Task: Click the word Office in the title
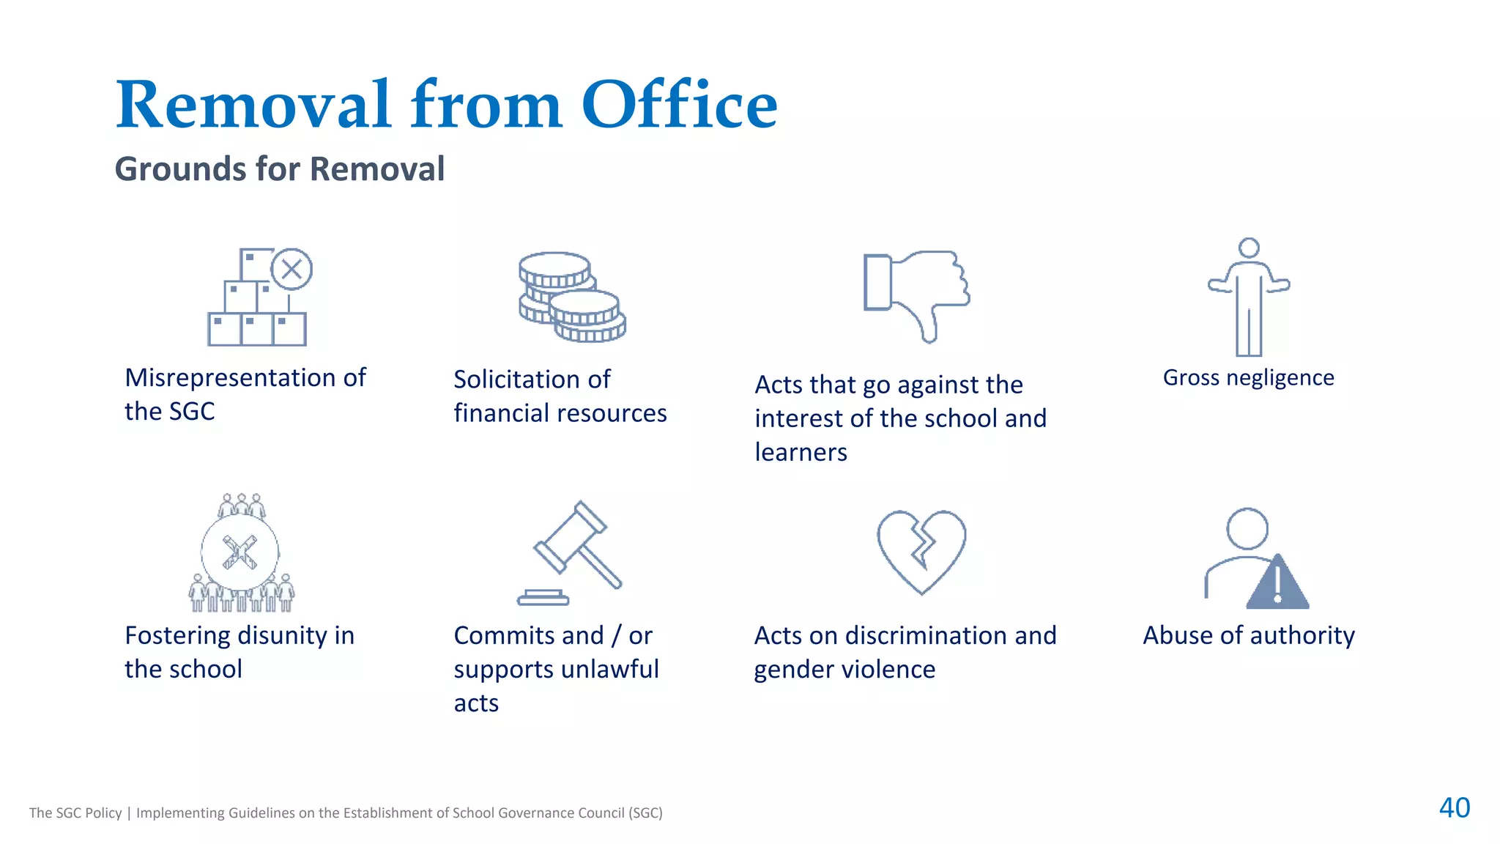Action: point(679,105)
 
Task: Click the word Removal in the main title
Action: point(253,105)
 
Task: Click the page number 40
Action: point(1454,807)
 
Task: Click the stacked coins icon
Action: point(572,297)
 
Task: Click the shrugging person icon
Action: point(1249,297)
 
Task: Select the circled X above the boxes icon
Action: point(292,269)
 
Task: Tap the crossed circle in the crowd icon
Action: point(240,552)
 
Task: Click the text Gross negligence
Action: point(1248,377)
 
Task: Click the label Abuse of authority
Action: point(1248,635)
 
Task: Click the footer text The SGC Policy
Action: point(75,812)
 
